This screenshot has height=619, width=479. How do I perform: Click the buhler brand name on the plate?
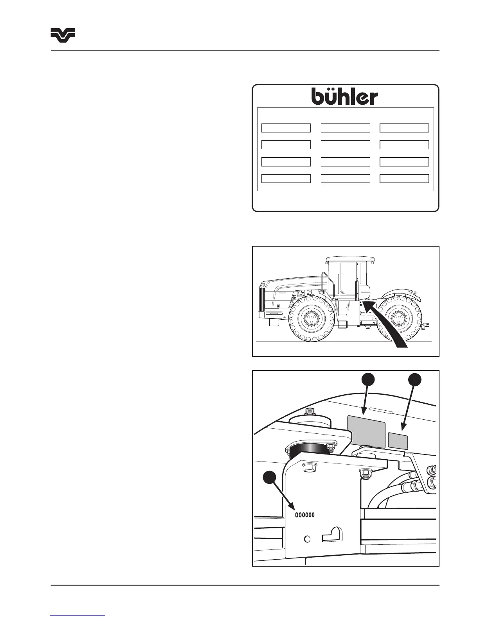pos(345,96)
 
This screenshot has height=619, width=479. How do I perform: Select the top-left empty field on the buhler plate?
pos(286,128)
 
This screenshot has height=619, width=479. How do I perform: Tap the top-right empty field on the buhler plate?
pos(404,128)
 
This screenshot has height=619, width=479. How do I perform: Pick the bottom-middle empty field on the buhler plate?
pos(345,179)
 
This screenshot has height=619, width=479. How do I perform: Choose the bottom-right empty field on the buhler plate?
pos(404,179)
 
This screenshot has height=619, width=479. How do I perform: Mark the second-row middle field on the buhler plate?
pos(345,145)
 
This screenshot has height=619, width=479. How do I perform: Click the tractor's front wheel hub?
pos(311,317)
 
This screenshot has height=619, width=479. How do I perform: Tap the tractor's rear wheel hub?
pos(399,317)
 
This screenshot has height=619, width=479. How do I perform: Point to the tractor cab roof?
pos(351,259)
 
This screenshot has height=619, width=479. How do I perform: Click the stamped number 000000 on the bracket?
pos(304,515)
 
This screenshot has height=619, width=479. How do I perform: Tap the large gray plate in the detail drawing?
pos(366,431)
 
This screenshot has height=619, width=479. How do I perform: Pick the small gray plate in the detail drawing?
pos(398,441)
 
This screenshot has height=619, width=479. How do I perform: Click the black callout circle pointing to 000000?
pos(268,478)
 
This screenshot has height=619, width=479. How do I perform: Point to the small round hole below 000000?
pos(307,539)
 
